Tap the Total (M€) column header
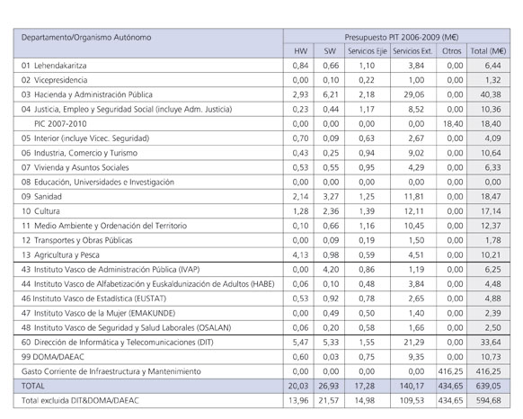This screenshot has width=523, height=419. tap(488, 52)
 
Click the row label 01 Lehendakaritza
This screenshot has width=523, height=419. tap(60, 66)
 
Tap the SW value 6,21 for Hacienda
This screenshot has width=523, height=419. tap(330, 94)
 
